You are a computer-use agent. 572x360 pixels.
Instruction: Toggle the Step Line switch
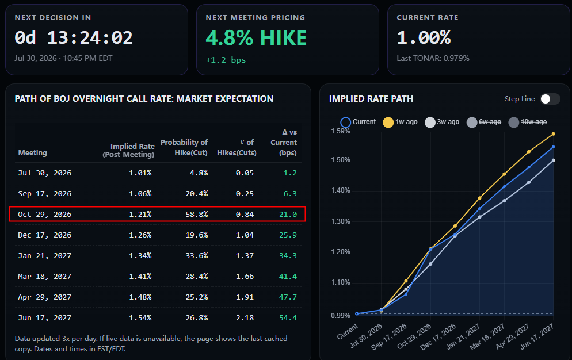[x=550, y=99]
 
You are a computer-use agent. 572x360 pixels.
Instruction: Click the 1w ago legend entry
[x=400, y=122]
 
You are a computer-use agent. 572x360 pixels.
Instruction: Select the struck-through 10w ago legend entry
[x=528, y=122]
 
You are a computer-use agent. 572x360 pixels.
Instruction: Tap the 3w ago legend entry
[x=442, y=122]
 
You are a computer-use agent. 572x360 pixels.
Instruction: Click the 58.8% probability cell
[x=197, y=214]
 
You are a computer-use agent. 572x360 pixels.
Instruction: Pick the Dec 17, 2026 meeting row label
[x=44, y=235]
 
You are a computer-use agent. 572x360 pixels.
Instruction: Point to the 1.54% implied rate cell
[x=140, y=317]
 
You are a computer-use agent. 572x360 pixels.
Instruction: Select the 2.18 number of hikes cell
[x=245, y=317]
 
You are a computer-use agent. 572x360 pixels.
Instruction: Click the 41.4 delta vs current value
[x=288, y=277]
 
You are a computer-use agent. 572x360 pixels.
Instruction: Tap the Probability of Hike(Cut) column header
[x=184, y=147]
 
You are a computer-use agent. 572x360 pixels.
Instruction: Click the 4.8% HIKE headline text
[x=256, y=37]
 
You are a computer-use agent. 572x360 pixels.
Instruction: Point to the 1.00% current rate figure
[x=424, y=37]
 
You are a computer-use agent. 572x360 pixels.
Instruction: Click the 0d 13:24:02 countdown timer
[x=74, y=37]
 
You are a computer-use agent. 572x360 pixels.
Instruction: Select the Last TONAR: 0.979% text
[x=433, y=58]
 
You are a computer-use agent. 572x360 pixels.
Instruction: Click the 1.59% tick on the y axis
[x=340, y=131]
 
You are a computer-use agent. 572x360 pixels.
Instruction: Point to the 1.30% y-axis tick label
[x=340, y=221]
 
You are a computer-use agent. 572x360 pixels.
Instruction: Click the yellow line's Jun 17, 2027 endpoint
[x=554, y=134]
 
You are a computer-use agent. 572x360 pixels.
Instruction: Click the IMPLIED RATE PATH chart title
[x=371, y=99]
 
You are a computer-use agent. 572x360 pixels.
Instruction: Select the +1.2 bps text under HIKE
[x=226, y=60]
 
